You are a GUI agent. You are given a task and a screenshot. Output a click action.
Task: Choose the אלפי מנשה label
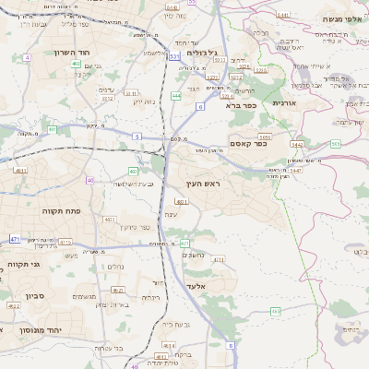pos(340,19)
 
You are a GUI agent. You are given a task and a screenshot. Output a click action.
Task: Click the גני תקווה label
pos(22,266)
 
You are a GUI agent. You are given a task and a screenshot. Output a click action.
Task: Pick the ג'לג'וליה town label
pos(202,53)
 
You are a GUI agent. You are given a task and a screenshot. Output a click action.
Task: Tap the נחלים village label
pos(115,267)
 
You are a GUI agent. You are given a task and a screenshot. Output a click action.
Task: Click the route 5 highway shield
pos(137,137)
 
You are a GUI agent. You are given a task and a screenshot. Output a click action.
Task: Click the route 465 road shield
pos(275,312)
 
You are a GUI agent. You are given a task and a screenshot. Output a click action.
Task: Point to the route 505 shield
pos(336,145)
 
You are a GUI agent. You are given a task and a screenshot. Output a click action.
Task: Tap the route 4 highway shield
pos(27,57)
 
